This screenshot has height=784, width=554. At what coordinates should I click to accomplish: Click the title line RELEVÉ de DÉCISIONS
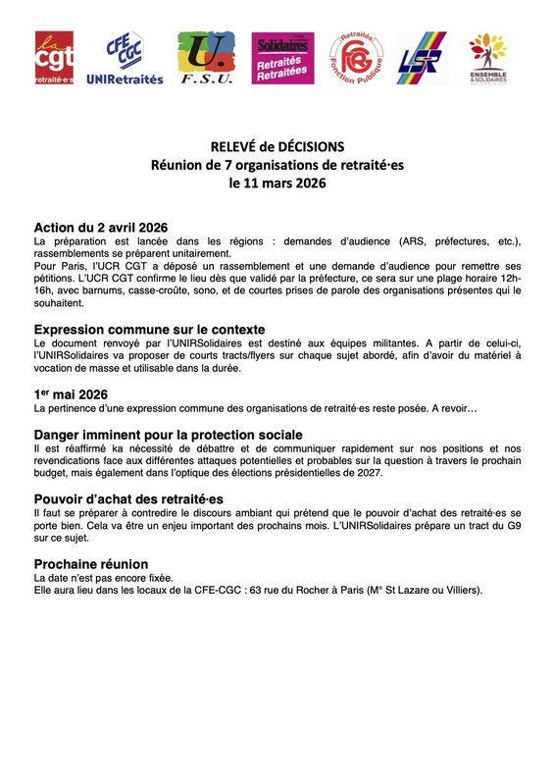coord(277,146)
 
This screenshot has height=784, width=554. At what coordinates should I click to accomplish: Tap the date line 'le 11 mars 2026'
coord(277,182)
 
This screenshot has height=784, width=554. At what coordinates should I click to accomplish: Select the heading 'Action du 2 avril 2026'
coord(101,228)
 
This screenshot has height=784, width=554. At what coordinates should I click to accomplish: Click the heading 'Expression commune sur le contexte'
coord(149,329)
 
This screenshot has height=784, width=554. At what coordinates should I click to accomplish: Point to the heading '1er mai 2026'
coord(71,393)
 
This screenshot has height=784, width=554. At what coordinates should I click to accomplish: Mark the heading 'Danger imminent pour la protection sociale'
coord(168,434)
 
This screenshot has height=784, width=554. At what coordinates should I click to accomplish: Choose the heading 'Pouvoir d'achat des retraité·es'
coord(133,499)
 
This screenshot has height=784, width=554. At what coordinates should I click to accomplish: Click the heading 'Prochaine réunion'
coord(91,564)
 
